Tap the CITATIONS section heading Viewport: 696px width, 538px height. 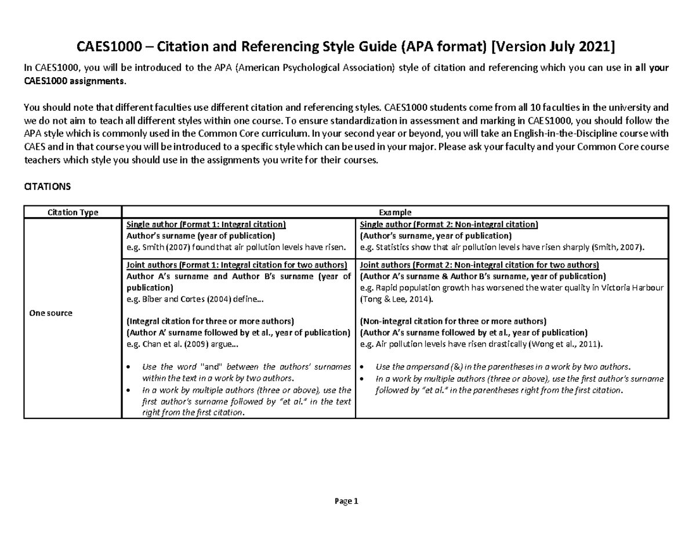(46, 187)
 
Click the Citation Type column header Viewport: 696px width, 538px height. (72, 212)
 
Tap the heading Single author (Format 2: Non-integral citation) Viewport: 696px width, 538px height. (449, 224)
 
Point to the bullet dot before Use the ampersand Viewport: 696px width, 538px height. (362, 367)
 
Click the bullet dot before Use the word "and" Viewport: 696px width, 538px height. (128, 367)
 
